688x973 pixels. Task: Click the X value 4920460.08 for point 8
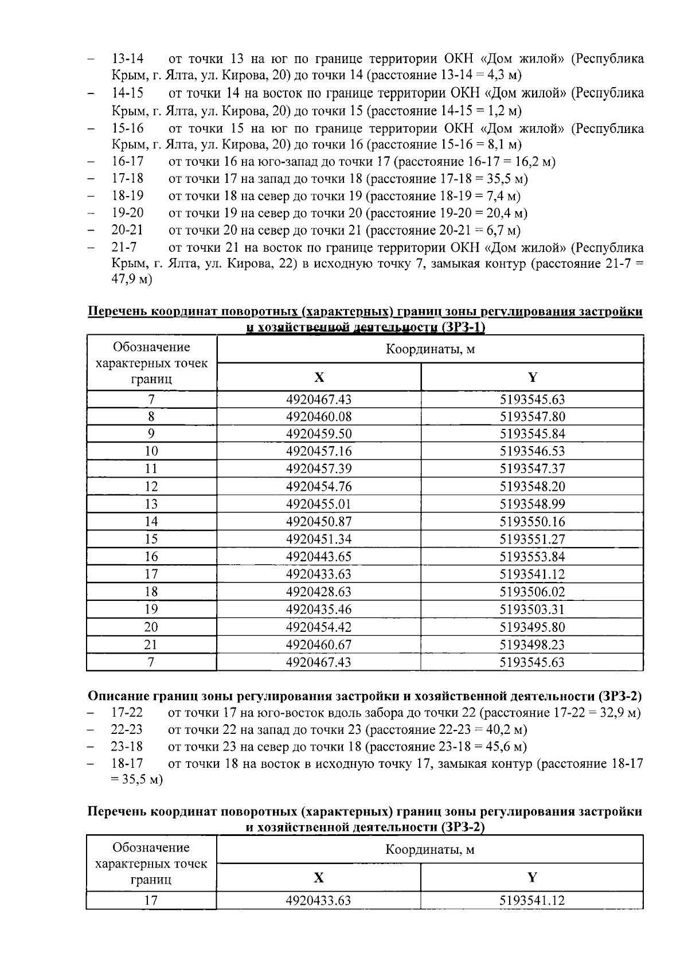click(319, 417)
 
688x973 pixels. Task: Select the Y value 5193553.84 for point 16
click(532, 557)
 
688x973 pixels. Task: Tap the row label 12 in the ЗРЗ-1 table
click(151, 487)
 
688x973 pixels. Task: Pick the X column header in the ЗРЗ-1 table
click(319, 377)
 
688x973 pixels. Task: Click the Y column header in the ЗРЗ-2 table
click(532, 877)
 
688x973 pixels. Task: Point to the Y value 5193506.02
click(532, 592)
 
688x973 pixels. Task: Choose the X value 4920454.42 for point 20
click(319, 627)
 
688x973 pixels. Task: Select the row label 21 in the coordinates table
click(151, 644)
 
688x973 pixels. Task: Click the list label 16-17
click(127, 162)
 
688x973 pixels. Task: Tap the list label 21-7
click(124, 248)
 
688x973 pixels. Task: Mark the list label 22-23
click(127, 730)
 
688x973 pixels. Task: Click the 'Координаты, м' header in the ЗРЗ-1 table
click(430, 349)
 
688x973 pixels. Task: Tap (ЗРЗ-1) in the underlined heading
click(463, 328)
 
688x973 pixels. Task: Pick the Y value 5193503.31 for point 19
click(532, 609)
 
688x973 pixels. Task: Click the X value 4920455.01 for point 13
click(319, 505)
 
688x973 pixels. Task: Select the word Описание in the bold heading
click(118, 696)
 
